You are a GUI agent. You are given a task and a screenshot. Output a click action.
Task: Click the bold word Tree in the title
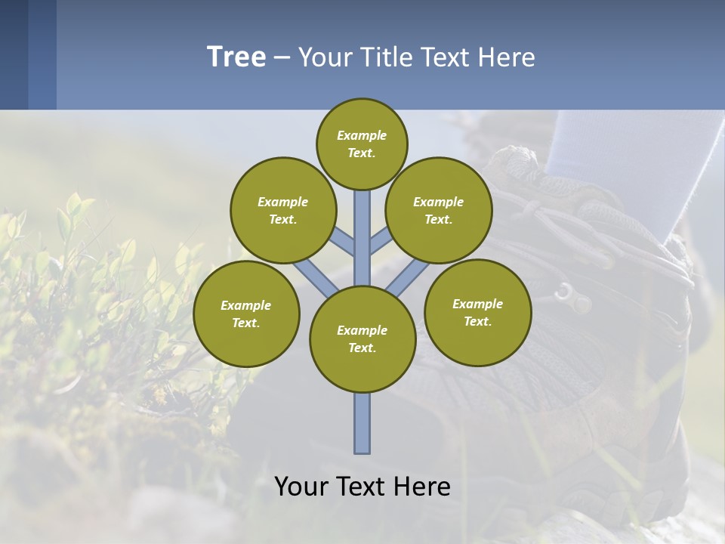[236, 57]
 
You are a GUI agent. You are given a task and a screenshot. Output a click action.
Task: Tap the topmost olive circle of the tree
[362, 144]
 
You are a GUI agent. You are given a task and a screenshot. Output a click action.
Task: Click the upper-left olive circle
[282, 210]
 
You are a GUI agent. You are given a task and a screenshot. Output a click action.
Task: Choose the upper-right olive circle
[439, 210]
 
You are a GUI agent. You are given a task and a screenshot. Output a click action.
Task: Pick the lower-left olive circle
[246, 314]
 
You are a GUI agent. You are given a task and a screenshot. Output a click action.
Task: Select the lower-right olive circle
[477, 312]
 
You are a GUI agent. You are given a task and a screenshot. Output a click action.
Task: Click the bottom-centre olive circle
[362, 339]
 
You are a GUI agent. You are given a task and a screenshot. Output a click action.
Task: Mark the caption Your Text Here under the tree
[362, 487]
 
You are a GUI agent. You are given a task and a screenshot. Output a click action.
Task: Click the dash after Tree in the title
[282, 57]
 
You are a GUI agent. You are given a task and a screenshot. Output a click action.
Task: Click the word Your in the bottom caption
[302, 487]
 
